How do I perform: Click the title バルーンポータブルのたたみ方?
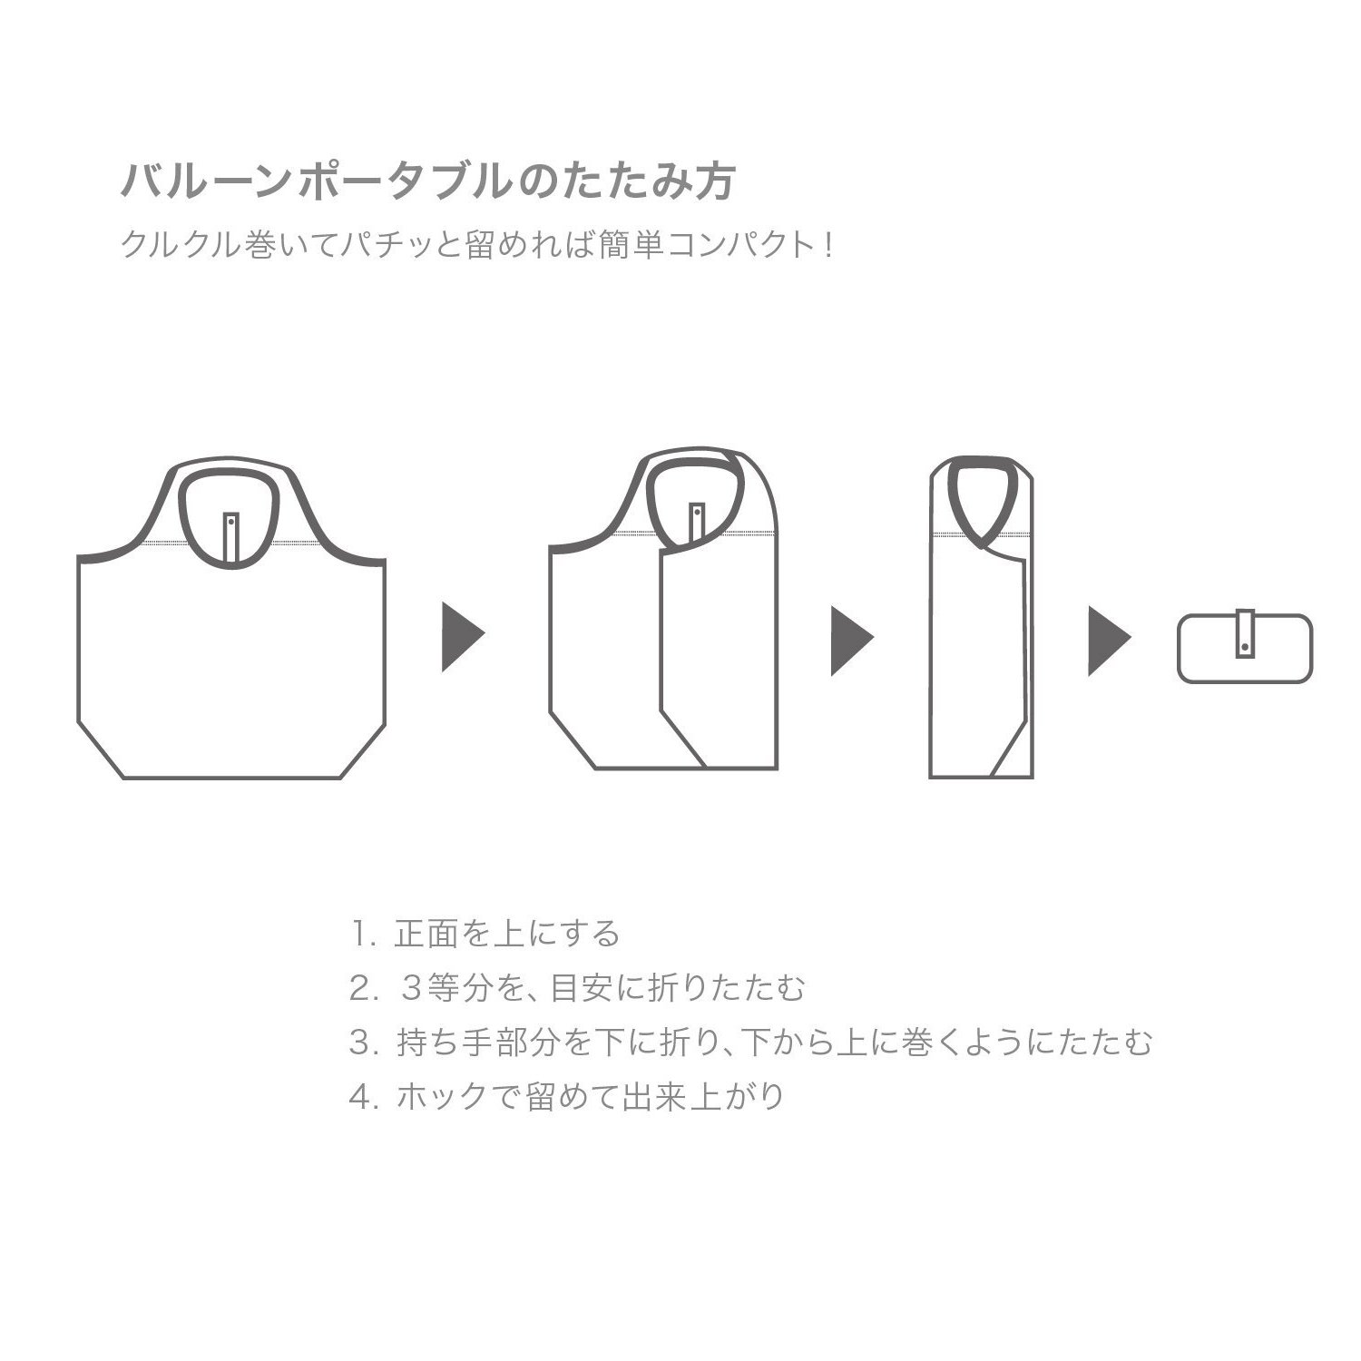(x=427, y=181)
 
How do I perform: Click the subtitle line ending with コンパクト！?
(x=477, y=246)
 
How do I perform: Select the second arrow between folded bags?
(x=852, y=641)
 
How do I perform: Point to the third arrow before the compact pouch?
(x=1110, y=641)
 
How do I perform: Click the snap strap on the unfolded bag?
(x=231, y=539)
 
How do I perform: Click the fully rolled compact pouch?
(x=1245, y=649)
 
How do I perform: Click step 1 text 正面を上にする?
(x=507, y=933)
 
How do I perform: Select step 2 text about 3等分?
(x=602, y=988)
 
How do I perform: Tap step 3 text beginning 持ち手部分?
(x=774, y=1043)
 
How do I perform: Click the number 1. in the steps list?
(x=363, y=934)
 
